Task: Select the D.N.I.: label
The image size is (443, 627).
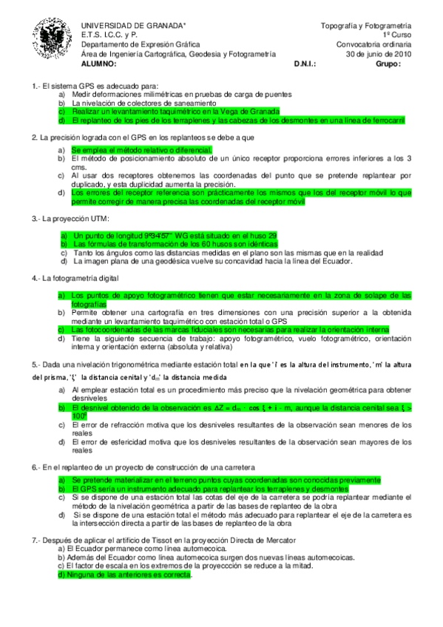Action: [305, 64]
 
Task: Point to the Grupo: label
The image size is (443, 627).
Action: [388, 64]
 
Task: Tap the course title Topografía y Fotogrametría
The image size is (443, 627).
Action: [365, 26]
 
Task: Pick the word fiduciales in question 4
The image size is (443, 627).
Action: [206, 329]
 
